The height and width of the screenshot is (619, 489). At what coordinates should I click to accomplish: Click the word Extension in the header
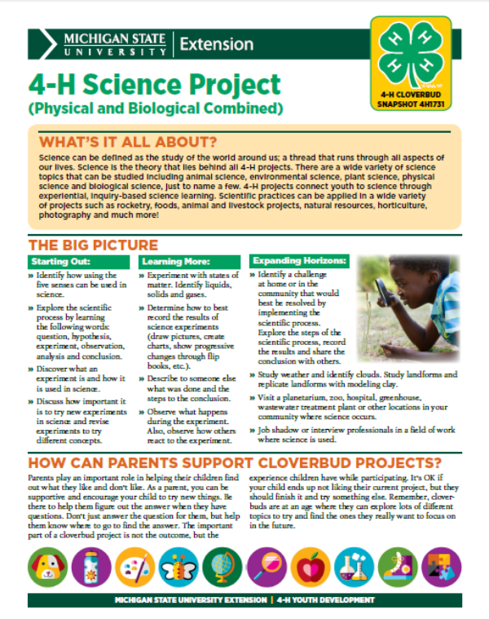coord(215,43)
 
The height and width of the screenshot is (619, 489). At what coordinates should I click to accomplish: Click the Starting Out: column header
coord(58,262)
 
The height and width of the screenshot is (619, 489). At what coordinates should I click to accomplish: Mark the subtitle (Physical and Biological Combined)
coord(155,107)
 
